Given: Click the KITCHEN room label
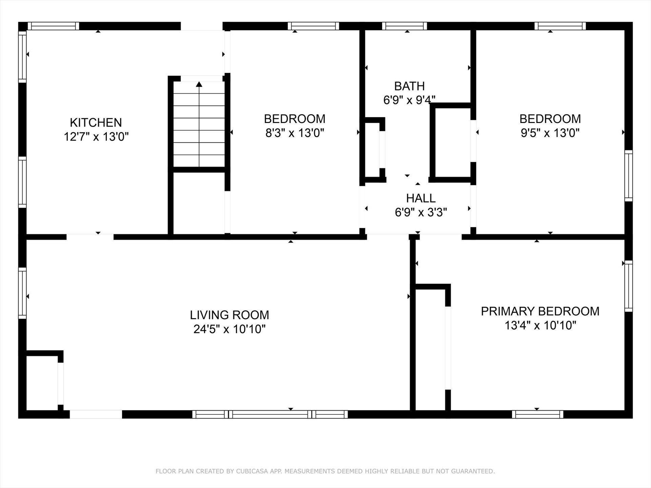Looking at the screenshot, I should point(96,122).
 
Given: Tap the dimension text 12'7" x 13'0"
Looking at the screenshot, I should point(96,137).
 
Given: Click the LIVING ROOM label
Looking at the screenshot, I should point(230,315).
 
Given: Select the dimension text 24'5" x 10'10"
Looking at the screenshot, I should point(230,329).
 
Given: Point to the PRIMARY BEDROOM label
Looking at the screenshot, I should point(540,311).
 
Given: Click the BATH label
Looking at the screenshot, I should point(409,86).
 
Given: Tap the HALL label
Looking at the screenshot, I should point(421,198).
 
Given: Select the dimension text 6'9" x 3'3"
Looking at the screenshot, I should point(421,212).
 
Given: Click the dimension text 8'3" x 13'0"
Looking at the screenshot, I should point(295,133).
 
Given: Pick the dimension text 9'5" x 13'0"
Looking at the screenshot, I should point(550,133).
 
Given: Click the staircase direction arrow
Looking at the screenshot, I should point(199,84).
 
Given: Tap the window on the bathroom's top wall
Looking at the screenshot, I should point(405,26).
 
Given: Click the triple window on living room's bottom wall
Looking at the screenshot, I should point(270,414).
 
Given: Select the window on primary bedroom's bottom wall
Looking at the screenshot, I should point(537,414).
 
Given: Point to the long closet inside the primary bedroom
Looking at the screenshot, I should point(430,349).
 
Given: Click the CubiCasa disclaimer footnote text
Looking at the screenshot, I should point(325,471).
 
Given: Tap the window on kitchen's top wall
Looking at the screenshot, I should point(53,26).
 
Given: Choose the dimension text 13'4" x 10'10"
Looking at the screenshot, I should point(540,326).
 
